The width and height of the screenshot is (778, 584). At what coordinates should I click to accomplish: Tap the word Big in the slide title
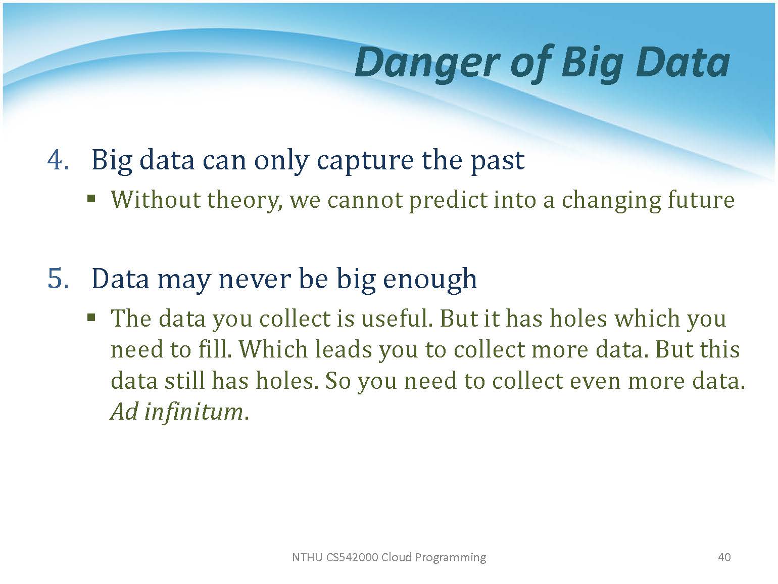click(592, 64)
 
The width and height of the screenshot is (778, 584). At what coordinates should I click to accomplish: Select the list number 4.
click(58, 160)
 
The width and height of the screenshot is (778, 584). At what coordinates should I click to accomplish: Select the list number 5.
click(58, 279)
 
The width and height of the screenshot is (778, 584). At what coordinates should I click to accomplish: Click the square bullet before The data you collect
click(92, 317)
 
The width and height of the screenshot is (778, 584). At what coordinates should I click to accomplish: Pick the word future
click(701, 200)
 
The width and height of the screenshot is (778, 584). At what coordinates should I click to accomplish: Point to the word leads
click(343, 349)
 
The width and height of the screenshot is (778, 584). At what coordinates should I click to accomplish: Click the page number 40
click(724, 557)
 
